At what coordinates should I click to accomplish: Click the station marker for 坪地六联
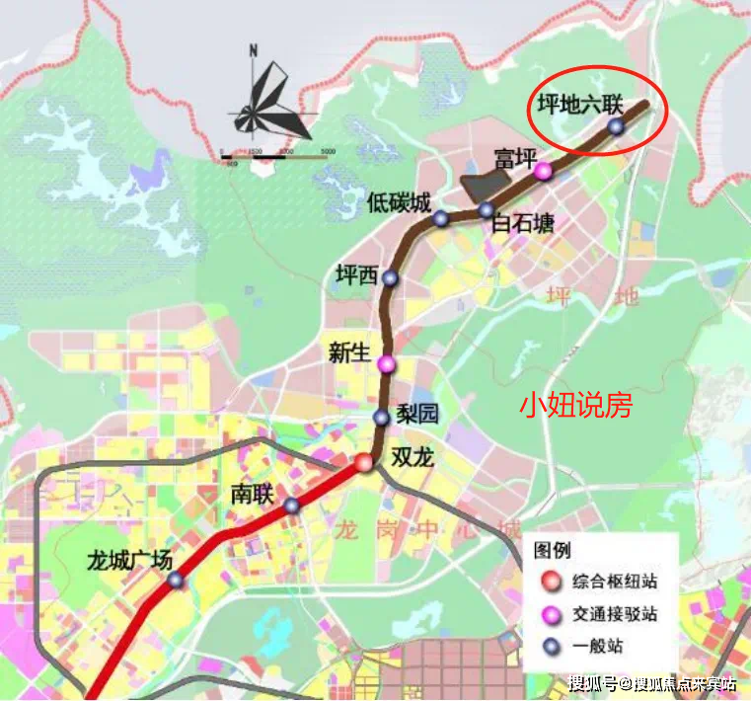pos(616,126)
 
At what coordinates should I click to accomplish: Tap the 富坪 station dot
pos(544,172)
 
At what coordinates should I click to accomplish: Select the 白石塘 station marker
pos(487,209)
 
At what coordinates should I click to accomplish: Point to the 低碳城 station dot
pos(441,218)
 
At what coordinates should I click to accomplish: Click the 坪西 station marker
pos(390,278)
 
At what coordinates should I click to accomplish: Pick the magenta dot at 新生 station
pos(387,364)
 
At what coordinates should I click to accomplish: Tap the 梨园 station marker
pos(382,418)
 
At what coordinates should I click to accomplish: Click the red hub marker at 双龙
pos(365,462)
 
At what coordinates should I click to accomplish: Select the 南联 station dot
pos(292,506)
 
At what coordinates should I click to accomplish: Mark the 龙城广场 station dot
pos(176,581)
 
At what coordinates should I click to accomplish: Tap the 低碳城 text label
pos(399,204)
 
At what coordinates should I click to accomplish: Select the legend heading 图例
pos(552,550)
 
